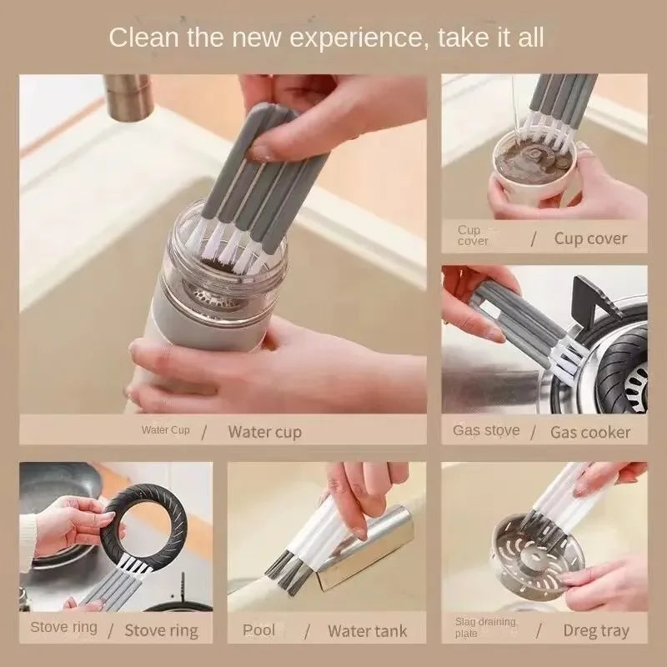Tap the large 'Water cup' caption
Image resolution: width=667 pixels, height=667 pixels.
(264, 432)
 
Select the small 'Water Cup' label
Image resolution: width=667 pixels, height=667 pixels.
(165, 430)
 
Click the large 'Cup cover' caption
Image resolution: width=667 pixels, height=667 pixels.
(590, 238)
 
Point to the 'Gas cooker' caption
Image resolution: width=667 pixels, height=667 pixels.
(590, 432)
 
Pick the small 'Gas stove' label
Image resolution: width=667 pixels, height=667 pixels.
(486, 430)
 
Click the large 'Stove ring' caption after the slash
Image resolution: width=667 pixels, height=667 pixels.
(162, 630)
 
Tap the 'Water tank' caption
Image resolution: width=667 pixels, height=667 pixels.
(368, 630)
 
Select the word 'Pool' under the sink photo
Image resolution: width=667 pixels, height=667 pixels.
(258, 629)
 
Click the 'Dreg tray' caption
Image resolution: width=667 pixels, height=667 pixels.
(596, 630)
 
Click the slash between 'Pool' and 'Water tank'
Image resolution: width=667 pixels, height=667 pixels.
(306, 630)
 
